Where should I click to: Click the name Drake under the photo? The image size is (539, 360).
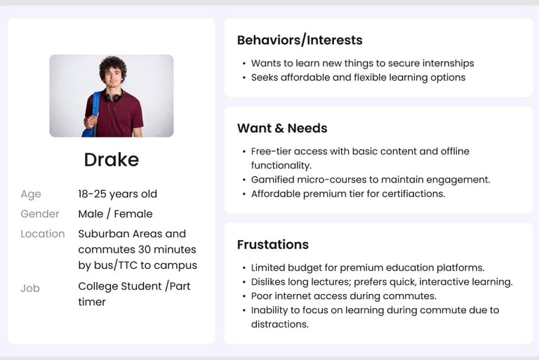(112, 159)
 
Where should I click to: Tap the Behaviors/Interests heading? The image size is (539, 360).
(300, 40)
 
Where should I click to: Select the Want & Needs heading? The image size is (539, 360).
(282, 128)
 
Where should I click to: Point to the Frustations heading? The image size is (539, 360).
(273, 244)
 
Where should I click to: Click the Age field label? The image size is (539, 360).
(31, 194)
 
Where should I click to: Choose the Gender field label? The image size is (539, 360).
(40, 214)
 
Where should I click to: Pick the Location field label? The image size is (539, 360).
(43, 234)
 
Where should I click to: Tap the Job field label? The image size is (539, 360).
(30, 288)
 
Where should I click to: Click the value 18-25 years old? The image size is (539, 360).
(118, 194)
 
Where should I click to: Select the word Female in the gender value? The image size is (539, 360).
(133, 214)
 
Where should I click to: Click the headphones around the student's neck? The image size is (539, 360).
(113, 96)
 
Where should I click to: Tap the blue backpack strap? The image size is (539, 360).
(95, 110)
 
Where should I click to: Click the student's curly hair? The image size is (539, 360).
(113, 67)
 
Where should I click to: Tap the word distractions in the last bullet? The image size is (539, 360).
(280, 324)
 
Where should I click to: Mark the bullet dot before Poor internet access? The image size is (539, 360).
(244, 296)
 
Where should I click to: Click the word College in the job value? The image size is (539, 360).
(98, 286)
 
